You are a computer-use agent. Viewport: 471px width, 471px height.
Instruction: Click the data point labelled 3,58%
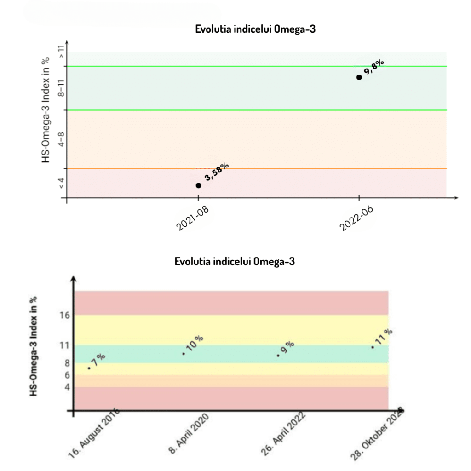click(x=198, y=185)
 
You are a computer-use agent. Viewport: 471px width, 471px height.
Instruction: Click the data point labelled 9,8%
click(x=359, y=77)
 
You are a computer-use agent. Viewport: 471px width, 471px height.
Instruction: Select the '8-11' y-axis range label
click(x=60, y=87)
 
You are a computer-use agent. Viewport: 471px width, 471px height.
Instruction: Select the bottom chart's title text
click(x=235, y=262)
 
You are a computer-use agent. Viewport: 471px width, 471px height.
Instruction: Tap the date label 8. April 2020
click(x=189, y=434)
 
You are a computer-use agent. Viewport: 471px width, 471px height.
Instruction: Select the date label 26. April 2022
click(x=283, y=434)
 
